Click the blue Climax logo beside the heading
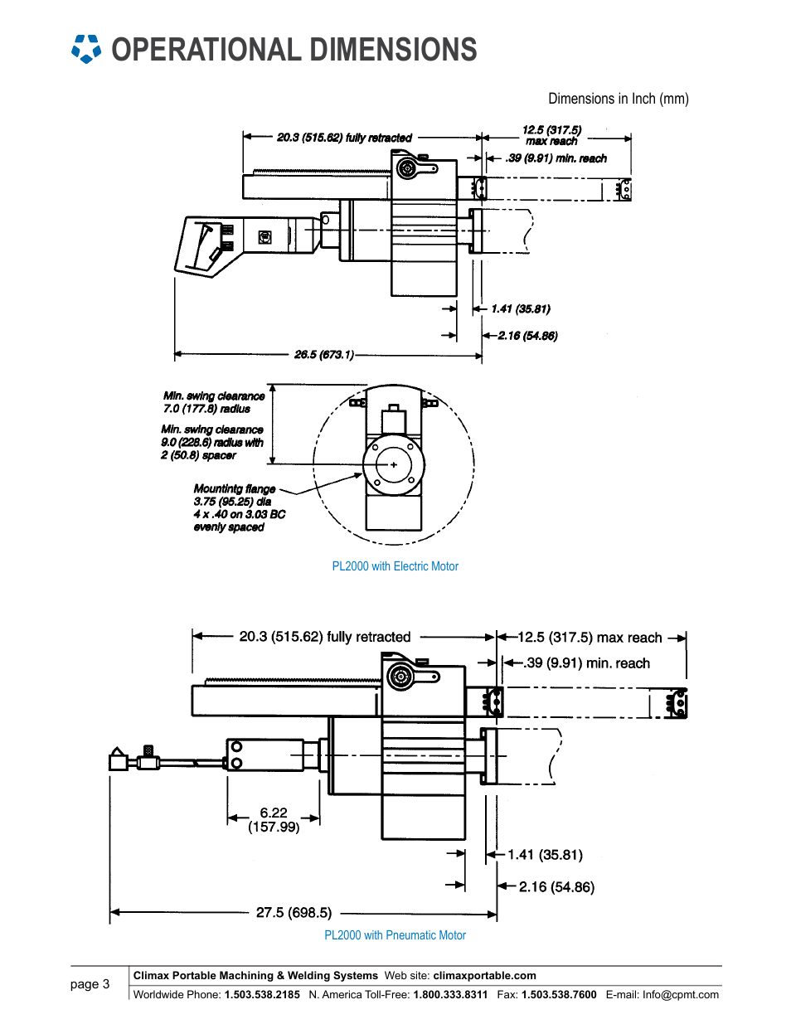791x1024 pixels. coord(86,49)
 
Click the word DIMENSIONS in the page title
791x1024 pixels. coord(393,50)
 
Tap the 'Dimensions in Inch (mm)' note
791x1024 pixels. coord(618,99)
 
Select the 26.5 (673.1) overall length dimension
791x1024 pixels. coord(324,354)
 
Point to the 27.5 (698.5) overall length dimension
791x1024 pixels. coord(294,913)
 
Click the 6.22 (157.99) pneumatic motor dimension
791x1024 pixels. coord(274,819)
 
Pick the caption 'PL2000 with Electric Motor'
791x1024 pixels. coord(395,566)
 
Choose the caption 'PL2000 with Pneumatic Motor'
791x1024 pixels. coord(395,935)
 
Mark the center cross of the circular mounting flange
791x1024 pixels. coord(394,464)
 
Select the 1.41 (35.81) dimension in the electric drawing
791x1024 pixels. coord(521,308)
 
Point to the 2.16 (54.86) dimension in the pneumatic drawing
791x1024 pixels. coord(556,887)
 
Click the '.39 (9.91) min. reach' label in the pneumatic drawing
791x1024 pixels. coord(586,663)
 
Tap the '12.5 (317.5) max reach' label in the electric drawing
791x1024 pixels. coord(551,135)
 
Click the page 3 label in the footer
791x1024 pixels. coord(90,984)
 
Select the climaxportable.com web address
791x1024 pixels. coord(484,975)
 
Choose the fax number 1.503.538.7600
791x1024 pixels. coord(559,995)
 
